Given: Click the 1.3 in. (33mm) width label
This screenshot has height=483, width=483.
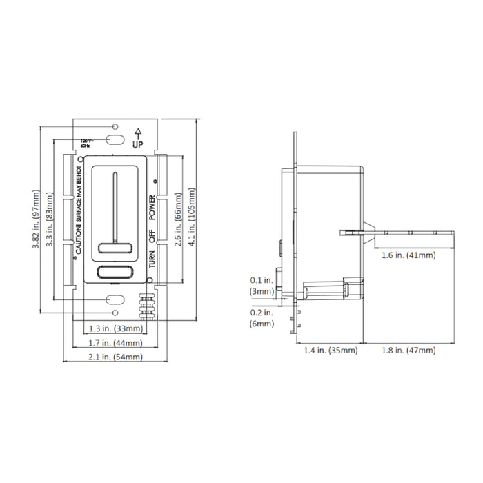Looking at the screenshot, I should pyautogui.click(x=116, y=328).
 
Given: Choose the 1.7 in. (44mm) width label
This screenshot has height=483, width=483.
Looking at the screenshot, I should pyautogui.click(x=116, y=342).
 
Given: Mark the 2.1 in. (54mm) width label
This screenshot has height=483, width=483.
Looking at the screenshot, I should pyautogui.click(x=116, y=357).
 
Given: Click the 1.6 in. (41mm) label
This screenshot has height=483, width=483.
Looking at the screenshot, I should pyautogui.click(x=408, y=255).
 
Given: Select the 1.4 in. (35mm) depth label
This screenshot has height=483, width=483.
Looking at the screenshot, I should pyautogui.click(x=331, y=351).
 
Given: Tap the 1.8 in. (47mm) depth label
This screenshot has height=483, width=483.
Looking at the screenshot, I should pyautogui.click(x=408, y=351).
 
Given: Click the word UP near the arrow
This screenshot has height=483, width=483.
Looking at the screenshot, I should pyautogui.click(x=138, y=145).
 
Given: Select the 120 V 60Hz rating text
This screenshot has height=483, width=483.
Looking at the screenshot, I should pyautogui.click(x=86, y=142).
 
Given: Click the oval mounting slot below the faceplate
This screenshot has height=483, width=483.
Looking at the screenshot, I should pyautogui.click(x=115, y=299).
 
